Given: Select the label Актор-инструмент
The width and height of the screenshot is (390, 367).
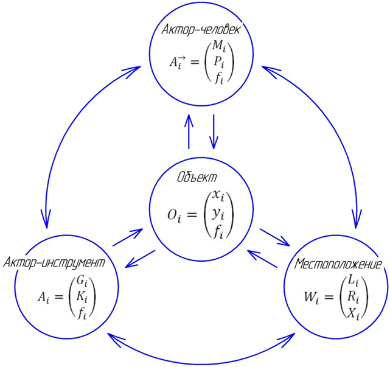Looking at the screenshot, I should (x=55, y=262).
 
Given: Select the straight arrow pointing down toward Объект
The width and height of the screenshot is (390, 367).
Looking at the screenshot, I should (x=214, y=131).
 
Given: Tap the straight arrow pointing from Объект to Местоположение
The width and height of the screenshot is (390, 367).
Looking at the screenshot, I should (x=274, y=237).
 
